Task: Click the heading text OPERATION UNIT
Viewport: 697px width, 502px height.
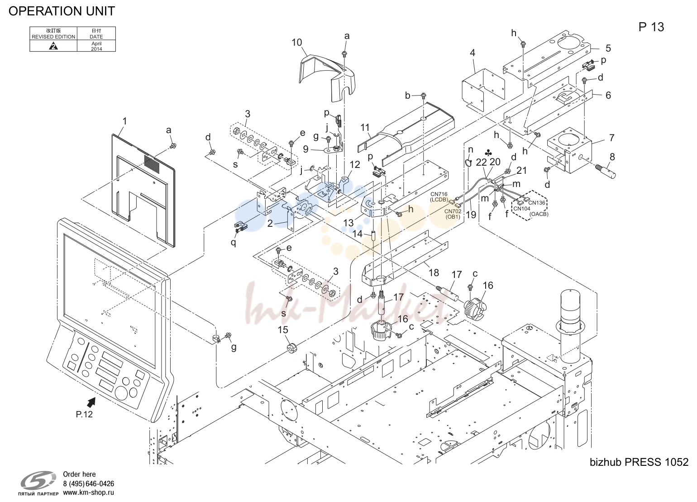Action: [x=62, y=11]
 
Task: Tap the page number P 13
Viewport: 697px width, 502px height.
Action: [x=651, y=28]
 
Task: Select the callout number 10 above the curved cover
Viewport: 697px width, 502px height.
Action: [x=296, y=43]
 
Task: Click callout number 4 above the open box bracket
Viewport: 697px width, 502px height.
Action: [x=473, y=53]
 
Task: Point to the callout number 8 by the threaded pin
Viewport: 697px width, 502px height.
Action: [x=612, y=157]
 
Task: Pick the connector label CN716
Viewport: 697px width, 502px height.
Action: [x=439, y=195]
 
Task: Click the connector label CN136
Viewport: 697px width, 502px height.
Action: [x=537, y=203]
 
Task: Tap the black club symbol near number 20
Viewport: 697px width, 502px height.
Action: [x=489, y=153]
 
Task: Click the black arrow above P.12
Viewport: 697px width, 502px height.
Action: [x=91, y=403]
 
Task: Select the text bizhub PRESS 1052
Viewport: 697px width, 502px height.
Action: [x=639, y=462]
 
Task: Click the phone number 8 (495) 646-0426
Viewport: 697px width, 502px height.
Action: [x=88, y=484]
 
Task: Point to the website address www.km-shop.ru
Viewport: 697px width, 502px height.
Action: [x=88, y=492]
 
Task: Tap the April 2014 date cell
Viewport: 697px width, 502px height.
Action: [x=96, y=46]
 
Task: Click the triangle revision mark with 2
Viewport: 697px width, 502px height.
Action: [x=54, y=47]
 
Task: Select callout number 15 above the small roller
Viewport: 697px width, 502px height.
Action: [x=283, y=330]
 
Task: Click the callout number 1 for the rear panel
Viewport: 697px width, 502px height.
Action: [x=124, y=121]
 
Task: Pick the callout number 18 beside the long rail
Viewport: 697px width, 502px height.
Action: [x=434, y=273]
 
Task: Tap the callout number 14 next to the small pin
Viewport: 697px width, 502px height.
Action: [x=358, y=234]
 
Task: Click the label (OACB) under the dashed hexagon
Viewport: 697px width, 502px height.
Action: [x=539, y=214]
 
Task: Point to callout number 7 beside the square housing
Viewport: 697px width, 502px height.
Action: [x=611, y=138]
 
